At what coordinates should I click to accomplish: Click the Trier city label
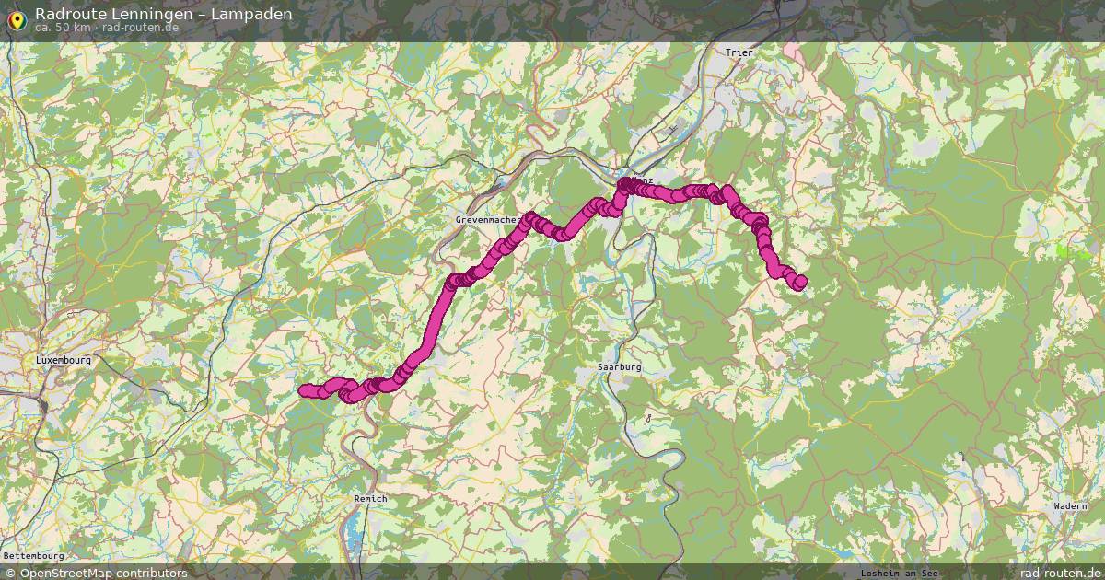(739, 52)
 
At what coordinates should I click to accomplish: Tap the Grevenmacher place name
(487, 221)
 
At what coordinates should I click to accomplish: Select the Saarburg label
(619, 366)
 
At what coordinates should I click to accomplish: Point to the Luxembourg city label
(64, 360)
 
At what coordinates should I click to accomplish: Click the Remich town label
(370, 498)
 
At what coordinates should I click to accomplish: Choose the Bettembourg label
(33, 556)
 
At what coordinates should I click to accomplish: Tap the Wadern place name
(1070, 506)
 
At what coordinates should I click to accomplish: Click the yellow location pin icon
(17, 17)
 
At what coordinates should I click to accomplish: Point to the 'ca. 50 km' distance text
(63, 28)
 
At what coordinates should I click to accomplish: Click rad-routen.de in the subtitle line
(140, 28)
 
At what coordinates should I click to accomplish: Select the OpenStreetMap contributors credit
(103, 573)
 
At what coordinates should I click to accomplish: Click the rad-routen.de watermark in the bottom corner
(1054, 573)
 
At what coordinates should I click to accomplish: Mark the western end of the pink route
(305, 391)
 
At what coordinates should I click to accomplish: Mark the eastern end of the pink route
(799, 283)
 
